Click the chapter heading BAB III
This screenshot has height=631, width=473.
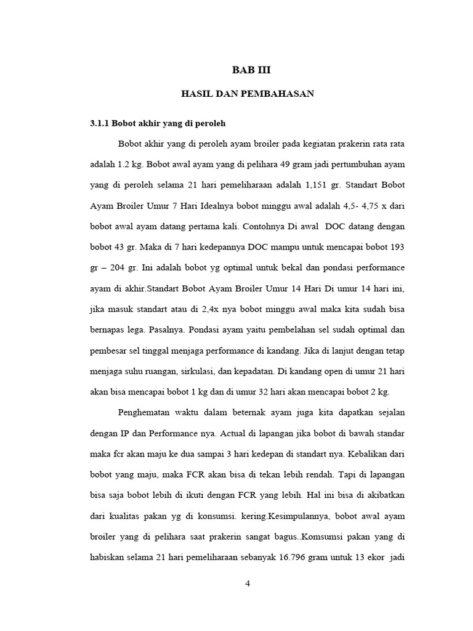[251, 70]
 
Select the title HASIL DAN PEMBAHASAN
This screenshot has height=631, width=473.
[248, 94]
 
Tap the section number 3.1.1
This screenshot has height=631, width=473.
[100, 123]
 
